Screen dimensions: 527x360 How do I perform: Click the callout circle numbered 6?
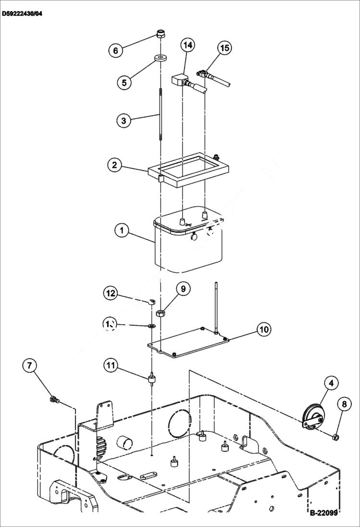(x=115, y=50)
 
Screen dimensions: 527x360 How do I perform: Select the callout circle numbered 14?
(x=188, y=45)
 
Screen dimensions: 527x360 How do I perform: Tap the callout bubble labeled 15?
(x=224, y=48)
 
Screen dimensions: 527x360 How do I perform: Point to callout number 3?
(x=124, y=120)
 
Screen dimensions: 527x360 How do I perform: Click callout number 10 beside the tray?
(x=264, y=330)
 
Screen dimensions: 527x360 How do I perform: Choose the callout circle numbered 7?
(x=30, y=366)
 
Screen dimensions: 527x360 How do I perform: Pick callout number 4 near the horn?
(x=331, y=383)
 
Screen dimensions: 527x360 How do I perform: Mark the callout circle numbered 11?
(x=111, y=366)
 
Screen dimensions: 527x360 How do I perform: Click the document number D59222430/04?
(x=22, y=14)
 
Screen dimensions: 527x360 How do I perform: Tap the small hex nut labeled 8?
(x=336, y=436)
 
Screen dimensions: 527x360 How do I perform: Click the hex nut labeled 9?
(x=161, y=313)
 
